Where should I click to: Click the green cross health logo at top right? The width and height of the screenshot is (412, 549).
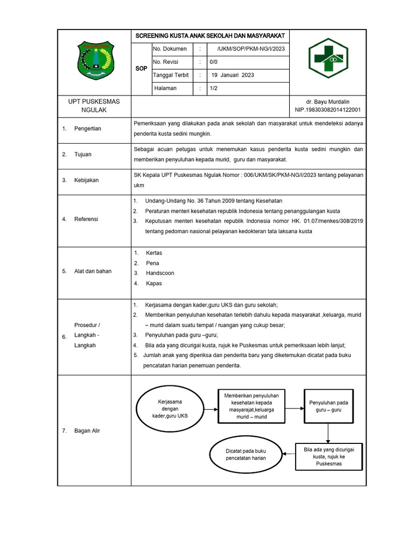point(328,61)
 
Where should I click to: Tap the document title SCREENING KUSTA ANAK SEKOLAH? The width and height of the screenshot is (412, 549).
point(210,36)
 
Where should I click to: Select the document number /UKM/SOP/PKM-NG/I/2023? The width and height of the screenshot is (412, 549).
point(251,49)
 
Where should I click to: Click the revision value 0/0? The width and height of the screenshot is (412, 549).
point(214,62)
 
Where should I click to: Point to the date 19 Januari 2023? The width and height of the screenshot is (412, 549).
point(232,75)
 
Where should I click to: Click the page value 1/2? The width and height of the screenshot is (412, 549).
point(214,88)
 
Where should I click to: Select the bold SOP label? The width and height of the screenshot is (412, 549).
point(141,69)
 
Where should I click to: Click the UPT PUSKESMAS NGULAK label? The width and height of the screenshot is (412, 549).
point(94,106)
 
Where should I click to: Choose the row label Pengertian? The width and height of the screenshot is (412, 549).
point(87,129)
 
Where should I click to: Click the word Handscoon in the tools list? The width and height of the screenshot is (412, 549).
point(160,273)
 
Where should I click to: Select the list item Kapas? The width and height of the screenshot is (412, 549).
point(153,283)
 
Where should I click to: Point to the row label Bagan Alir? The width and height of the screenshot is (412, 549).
point(87,431)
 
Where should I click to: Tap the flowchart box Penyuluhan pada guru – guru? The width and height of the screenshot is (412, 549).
point(328,406)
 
